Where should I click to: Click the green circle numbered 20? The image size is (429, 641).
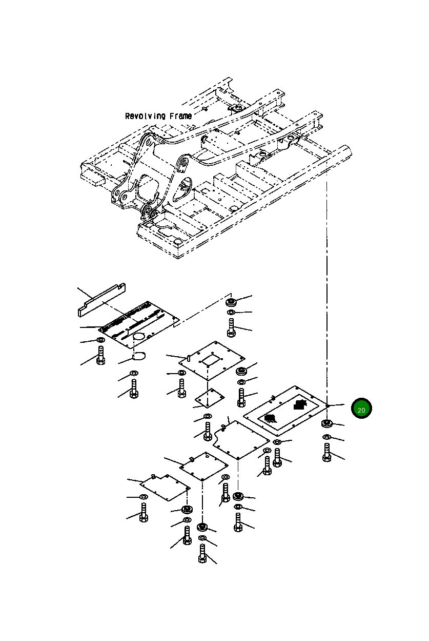pyautogui.click(x=361, y=409)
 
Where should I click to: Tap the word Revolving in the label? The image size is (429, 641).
pyautogui.click(x=145, y=116)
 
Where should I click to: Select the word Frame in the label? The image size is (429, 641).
pyautogui.click(x=179, y=116)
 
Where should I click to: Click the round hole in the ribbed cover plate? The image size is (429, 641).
pyautogui.click(x=139, y=336)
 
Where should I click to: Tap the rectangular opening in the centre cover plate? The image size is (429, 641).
pyautogui.click(x=210, y=360)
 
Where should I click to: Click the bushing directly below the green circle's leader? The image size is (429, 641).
pyautogui.click(x=326, y=423)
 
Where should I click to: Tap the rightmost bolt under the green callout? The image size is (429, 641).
pyautogui.click(x=327, y=452)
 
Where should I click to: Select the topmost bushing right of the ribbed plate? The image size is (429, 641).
pyautogui.click(x=231, y=302)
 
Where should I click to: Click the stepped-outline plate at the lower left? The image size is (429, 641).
pyautogui.click(x=164, y=486)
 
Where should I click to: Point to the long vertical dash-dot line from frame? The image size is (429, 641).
pyautogui.click(x=326, y=282)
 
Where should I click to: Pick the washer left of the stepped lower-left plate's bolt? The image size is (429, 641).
pyautogui.click(x=143, y=497)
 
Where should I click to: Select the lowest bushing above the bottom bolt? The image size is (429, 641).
pyautogui.click(x=202, y=527)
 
